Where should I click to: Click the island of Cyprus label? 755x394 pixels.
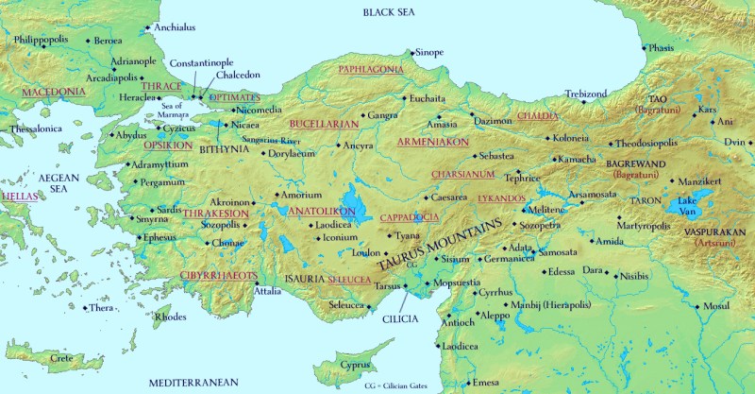point(355,365)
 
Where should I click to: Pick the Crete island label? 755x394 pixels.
point(61,358)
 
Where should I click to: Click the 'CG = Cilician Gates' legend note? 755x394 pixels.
point(405,385)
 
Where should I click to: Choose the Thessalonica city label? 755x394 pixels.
point(36,128)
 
